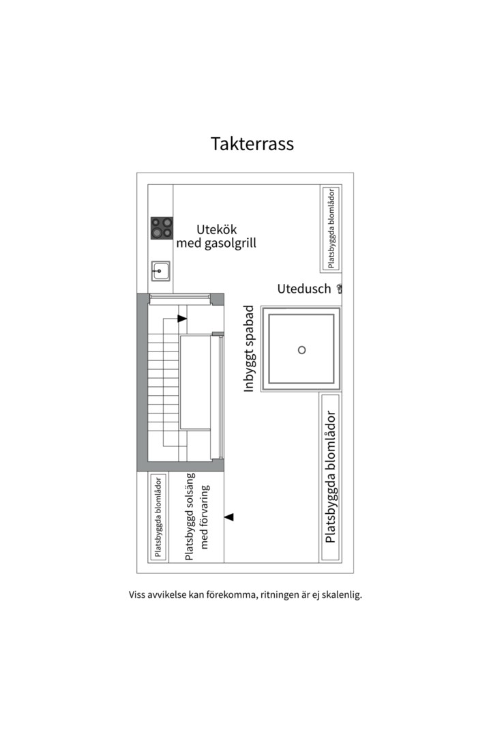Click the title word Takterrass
pos(252,145)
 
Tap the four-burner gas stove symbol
pos(162,228)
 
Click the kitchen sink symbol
pos(161,272)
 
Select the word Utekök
pos(216,229)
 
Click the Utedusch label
pos(303,289)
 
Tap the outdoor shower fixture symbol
pos(340,289)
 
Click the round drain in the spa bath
pos(302,350)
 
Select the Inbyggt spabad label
pos(250,349)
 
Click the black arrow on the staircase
pos(182,318)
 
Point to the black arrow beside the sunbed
pos(230,517)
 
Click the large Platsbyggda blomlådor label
pos(331,476)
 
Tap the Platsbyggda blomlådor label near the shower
pos(331,227)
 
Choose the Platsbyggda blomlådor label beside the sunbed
pos(158,517)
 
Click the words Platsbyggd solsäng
pos(190,517)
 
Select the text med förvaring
pos(205,517)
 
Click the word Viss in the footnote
pos(138,594)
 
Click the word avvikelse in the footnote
pos(170,594)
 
